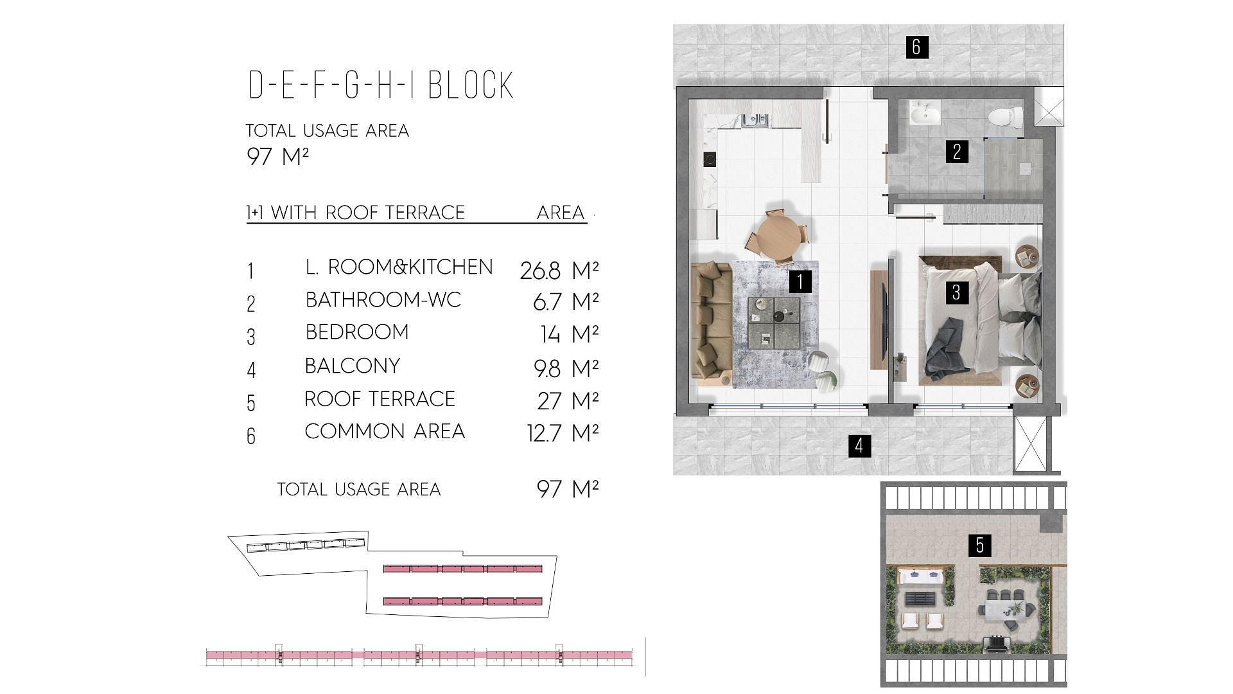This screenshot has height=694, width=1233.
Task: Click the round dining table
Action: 778,235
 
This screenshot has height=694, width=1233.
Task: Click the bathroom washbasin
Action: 925,114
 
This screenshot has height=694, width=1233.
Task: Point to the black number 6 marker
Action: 916,46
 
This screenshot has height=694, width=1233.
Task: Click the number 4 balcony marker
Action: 859,445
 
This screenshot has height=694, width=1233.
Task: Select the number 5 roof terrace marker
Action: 979,545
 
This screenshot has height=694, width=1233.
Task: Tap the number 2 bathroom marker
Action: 957,152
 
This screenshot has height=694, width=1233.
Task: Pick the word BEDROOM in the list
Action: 357,332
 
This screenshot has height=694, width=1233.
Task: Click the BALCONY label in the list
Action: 353,366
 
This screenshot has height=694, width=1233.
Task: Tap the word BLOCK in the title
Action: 471,85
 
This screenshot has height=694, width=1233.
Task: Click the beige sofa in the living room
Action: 711,323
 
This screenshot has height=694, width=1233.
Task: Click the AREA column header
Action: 561,213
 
